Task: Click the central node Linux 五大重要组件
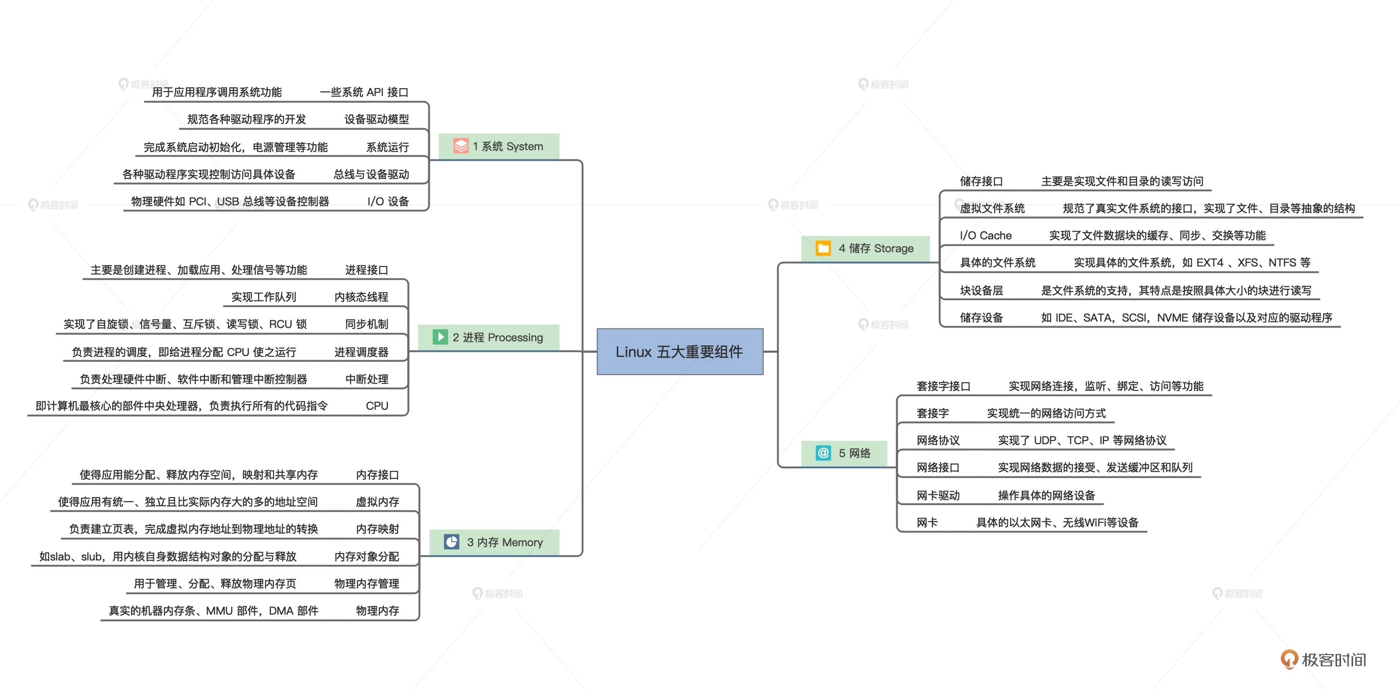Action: tap(679, 351)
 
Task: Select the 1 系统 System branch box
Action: tap(499, 146)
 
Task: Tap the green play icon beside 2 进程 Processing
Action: tap(440, 337)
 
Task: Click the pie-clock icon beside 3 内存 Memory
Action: tap(451, 542)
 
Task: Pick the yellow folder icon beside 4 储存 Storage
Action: tap(823, 248)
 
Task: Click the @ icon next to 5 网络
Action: tap(823, 452)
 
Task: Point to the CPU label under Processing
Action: tap(376, 406)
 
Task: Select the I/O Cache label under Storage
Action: tap(985, 235)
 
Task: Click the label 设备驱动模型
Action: tap(376, 119)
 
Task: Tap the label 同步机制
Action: tap(366, 324)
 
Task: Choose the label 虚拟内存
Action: tap(377, 502)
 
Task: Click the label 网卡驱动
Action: tap(938, 495)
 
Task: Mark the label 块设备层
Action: tap(981, 290)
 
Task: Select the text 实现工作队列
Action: tap(263, 297)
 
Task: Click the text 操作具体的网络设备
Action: tap(1046, 495)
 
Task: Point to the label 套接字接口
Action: tap(943, 386)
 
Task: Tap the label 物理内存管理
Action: tap(366, 583)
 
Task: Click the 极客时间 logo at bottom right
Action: tap(1323, 659)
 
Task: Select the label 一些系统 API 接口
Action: tap(364, 92)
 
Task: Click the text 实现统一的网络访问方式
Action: tap(1046, 413)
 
